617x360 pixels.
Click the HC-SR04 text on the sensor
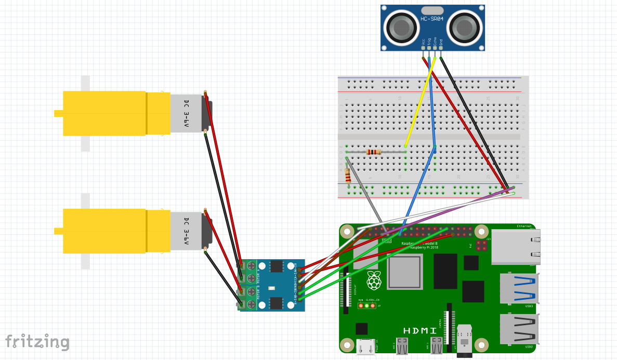[x=432, y=20]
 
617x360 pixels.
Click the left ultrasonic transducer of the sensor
[x=402, y=27]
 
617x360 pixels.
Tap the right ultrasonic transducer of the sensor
[x=463, y=27]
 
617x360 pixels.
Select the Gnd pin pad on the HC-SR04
[x=441, y=48]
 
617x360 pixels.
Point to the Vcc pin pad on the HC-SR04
[x=423, y=48]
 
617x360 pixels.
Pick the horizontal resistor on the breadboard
[x=374, y=152]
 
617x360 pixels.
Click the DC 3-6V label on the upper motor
[x=187, y=114]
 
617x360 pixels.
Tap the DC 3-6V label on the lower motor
[x=187, y=231]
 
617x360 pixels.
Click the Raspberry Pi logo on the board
[x=373, y=281]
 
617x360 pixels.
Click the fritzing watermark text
[x=37, y=342]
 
